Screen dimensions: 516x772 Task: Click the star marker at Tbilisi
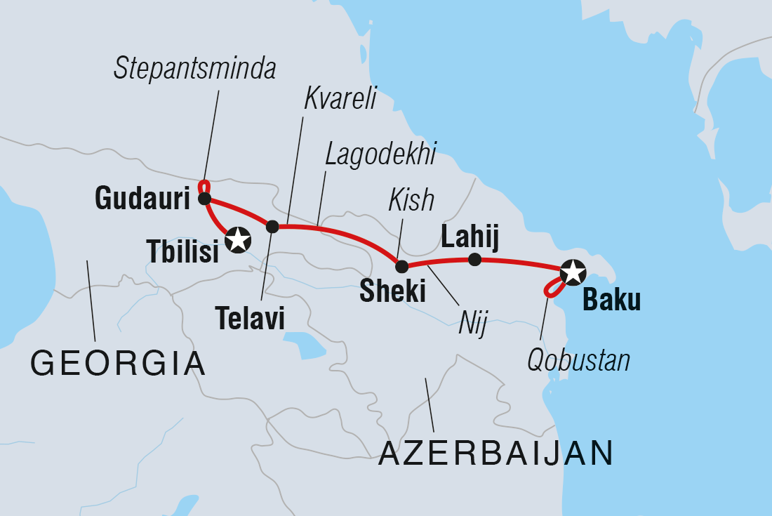pos(238,240)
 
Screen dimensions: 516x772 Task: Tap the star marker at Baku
pos(573,271)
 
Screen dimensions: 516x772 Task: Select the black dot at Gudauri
pos(204,199)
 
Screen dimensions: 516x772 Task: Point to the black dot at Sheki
pos(401,267)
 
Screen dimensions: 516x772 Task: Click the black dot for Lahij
pos(474,260)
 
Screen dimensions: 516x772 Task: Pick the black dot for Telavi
pos(272,226)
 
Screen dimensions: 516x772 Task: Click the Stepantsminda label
pos(196,69)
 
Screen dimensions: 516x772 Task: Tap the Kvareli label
pos(340,100)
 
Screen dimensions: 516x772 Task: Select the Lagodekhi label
pos(380,152)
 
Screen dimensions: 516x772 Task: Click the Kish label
pos(413,201)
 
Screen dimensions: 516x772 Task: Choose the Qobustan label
pos(578,360)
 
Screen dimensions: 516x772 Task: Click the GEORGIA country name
pos(118,364)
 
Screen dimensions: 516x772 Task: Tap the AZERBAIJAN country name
pos(496,454)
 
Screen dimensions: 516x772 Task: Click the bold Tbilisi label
pos(182,251)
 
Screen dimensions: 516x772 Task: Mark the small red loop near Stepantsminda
pos(204,187)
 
